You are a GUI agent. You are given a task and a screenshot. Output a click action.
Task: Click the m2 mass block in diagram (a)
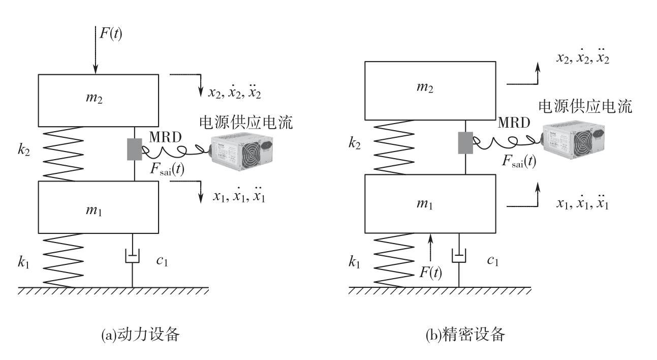pos(99,101)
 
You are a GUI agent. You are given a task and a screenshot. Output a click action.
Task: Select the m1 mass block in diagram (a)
pos(99,207)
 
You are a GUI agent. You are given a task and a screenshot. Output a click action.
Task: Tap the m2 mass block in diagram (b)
pos(430,91)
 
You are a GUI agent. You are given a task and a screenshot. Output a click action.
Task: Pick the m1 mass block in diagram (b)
pos(430,204)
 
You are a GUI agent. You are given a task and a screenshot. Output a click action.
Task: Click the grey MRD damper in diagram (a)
pos(134,149)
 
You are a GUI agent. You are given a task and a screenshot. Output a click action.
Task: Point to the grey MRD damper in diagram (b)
pos(465,143)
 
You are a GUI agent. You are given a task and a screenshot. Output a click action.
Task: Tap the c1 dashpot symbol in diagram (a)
pos(132,256)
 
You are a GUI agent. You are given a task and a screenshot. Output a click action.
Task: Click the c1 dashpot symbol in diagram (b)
pos(459,256)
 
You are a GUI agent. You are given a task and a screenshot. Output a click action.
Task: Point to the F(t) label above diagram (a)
pos(111,34)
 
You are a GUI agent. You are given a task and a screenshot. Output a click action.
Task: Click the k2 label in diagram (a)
pos(23,149)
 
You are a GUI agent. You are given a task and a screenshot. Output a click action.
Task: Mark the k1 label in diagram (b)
pos(354,262)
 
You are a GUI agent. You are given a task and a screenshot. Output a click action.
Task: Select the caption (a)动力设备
pos(140,335)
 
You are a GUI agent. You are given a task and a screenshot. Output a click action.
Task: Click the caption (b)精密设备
pos(465,335)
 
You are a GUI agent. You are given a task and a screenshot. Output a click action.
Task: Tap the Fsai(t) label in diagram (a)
pos(167,169)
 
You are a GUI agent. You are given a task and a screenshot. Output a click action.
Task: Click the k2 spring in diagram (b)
pos(394,147)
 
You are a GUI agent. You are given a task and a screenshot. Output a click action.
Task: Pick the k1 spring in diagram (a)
pos(63,260)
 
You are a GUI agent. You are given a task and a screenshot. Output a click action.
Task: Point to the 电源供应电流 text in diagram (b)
pos(585,106)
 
